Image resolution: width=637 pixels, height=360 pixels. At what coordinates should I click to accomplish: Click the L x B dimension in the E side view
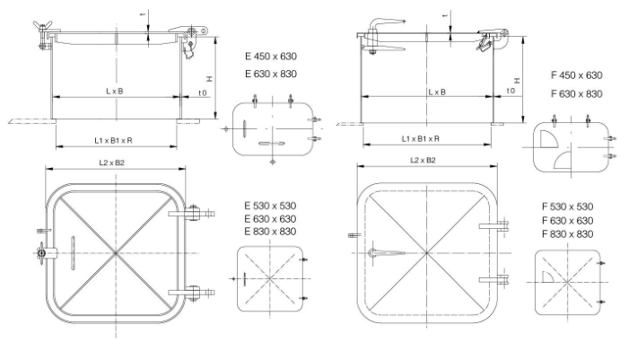tap(117, 91)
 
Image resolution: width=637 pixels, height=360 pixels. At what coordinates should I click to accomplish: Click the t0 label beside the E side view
tap(202, 92)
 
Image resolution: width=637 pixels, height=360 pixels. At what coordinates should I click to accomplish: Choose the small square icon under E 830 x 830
tap(269, 277)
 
